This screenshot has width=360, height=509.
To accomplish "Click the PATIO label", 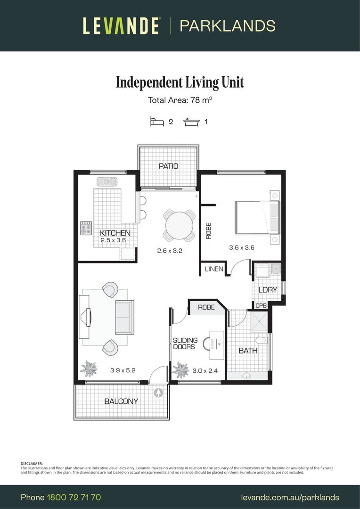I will click(x=168, y=166).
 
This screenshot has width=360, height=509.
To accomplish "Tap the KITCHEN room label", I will click(x=115, y=233).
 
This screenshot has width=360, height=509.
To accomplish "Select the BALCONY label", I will click(x=121, y=401).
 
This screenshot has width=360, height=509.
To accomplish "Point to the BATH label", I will click(x=248, y=351).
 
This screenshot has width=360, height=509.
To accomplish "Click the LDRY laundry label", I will click(x=267, y=290).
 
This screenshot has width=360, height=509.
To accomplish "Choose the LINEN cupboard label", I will click(x=214, y=269).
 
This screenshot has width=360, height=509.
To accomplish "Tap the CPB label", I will click(x=261, y=305).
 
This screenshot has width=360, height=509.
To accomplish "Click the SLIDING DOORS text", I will click(x=184, y=344).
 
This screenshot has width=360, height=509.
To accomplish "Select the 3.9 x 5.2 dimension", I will click(x=123, y=370).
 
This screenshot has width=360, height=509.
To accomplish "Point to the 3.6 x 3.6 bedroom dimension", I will click(x=241, y=247).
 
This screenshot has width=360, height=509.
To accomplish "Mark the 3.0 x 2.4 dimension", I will click(x=205, y=370).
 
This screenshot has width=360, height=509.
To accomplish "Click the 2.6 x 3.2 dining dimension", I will click(x=170, y=251).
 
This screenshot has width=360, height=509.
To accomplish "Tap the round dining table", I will click(x=179, y=225).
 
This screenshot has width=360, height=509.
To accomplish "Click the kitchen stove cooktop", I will click(x=86, y=229).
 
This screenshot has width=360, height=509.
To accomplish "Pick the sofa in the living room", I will click(x=124, y=316).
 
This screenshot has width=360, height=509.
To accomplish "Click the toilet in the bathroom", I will click(x=261, y=340).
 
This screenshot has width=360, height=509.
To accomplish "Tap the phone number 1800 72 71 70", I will click(x=74, y=497).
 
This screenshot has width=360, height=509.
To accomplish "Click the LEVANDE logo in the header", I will click(x=122, y=25).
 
